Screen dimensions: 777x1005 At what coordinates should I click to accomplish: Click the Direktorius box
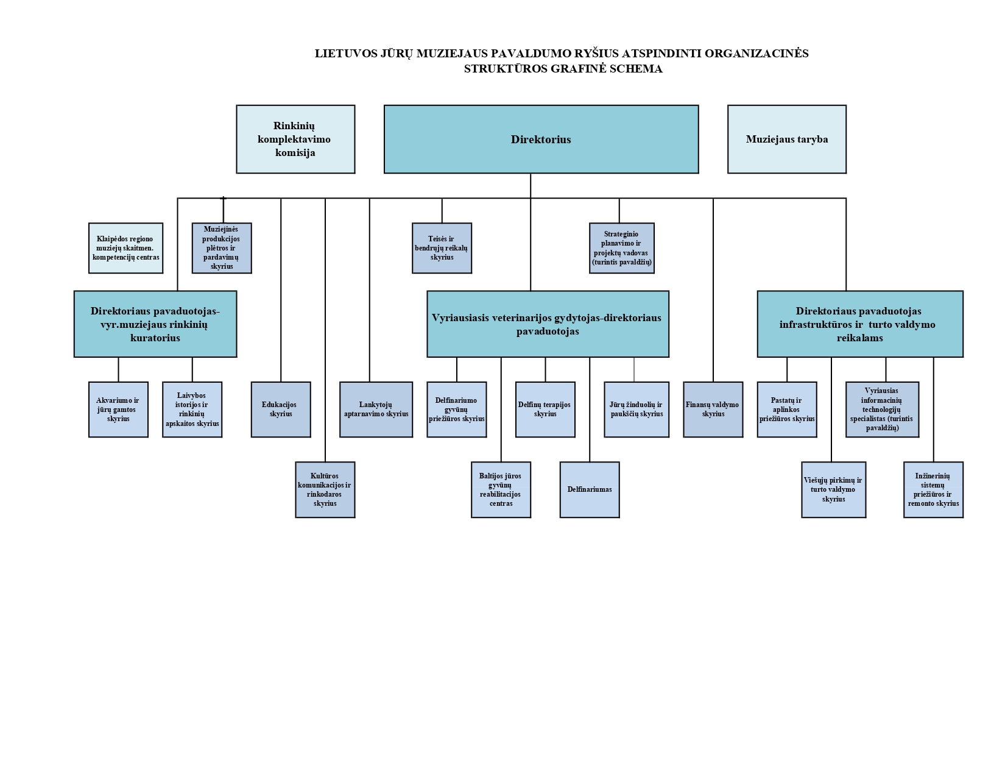(541, 139)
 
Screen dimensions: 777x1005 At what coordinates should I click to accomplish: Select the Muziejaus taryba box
(786, 139)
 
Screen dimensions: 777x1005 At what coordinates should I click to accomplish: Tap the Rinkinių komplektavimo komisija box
(295, 139)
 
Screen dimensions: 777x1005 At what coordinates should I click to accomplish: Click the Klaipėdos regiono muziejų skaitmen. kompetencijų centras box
(125, 248)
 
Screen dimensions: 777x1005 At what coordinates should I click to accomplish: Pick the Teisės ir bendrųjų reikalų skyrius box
(442, 248)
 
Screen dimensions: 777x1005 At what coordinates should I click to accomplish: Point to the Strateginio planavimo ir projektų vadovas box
(621, 248)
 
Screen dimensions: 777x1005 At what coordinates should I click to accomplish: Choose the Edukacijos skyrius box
(281, 410)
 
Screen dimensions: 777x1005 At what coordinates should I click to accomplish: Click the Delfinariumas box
(590, 489)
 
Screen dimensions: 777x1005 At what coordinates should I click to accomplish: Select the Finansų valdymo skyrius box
(713, 410)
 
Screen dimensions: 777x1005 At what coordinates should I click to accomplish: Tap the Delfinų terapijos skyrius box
(545, 410)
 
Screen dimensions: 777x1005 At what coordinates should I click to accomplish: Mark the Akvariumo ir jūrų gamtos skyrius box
(118, 410)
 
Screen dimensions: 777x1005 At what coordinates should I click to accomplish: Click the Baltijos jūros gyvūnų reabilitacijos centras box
(501, 489)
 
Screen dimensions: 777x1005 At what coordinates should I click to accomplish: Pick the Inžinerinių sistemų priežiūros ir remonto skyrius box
(933, 489)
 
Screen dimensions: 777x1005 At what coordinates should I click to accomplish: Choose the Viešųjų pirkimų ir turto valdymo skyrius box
(833, 489)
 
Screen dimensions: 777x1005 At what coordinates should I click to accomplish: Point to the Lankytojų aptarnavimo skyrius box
(376, 410)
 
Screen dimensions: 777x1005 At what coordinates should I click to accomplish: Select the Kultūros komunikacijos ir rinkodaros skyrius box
(325, 489)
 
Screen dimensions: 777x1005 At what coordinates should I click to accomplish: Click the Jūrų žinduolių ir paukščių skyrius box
(636, 410)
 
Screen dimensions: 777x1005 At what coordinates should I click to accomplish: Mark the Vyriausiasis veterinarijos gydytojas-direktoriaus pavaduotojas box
(548, 324)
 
